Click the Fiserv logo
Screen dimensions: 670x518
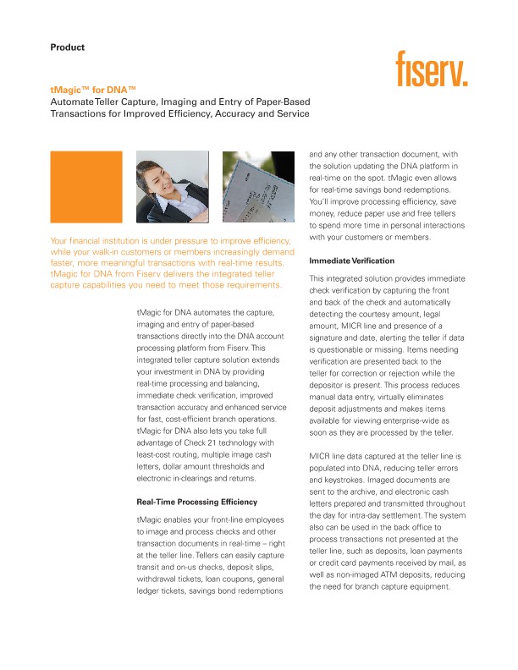432,69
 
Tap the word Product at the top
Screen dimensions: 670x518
68,47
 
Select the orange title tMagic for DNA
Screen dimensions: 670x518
92,89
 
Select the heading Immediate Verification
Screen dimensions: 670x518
352,261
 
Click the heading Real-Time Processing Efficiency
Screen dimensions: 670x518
198,502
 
